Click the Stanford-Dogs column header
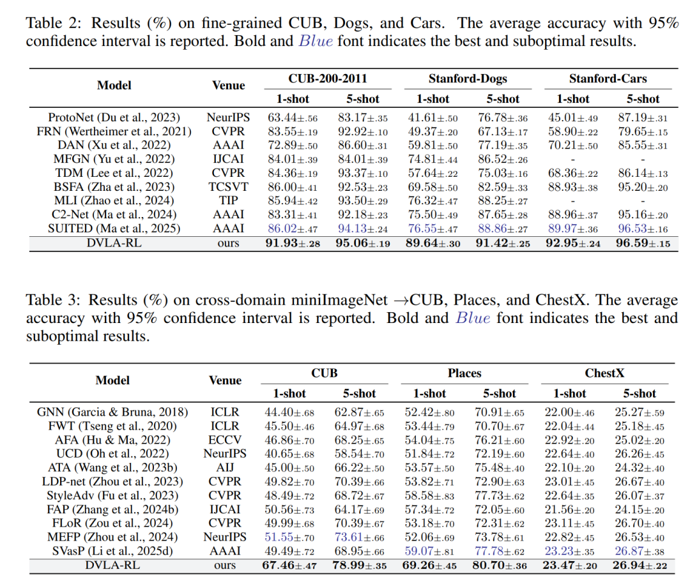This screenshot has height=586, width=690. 467,79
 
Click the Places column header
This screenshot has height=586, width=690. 464,373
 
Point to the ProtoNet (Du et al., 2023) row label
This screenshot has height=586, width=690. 114,117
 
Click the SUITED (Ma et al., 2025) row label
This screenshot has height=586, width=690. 114,228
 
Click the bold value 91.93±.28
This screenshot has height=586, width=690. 293,243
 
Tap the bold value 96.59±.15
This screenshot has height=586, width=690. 643,243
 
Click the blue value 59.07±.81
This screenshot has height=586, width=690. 429,552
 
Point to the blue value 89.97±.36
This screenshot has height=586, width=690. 572,229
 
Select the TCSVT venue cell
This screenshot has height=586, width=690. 227,186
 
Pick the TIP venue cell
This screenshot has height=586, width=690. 227,200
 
